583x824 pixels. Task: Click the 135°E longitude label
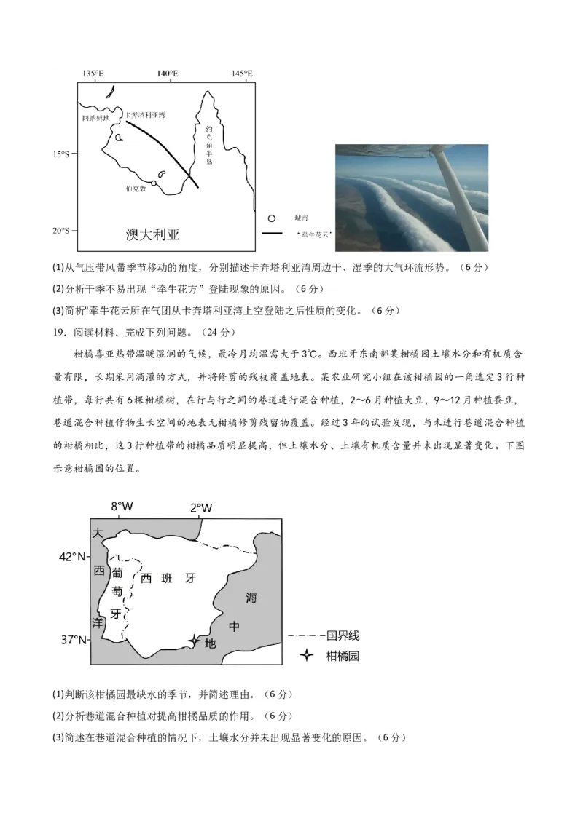click(x=93, y=74)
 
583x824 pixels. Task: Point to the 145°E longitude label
click(x=242, y=74)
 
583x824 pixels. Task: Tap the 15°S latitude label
click(x=60, y=154)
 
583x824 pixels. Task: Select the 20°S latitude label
click(x=60, y=230)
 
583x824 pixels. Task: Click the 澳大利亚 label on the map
click(x=152, y=234)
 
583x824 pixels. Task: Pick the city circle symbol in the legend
click(x=272, y=218)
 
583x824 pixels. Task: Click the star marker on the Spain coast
click(x=193, y=641)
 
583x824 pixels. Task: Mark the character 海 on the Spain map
click(x=251, y=598)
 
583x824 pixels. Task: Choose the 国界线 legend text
click(x=343, y=635)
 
